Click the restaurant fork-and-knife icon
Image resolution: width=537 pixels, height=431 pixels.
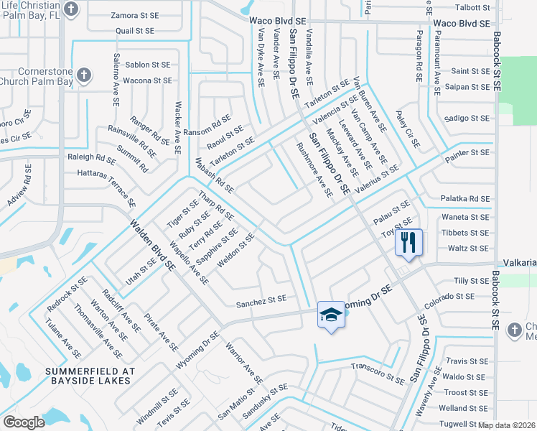[408, 241]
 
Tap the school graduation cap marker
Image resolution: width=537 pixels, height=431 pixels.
[330, 314]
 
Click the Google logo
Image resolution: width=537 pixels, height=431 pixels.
[24, 422]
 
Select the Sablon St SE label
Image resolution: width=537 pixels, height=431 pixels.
[147, 65]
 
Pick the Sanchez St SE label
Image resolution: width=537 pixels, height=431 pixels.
[261, 298]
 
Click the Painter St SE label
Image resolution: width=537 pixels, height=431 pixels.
[464, 153]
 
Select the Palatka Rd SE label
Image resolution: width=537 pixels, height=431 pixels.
[466, 198]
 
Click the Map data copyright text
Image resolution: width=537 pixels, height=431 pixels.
[507, 425]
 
